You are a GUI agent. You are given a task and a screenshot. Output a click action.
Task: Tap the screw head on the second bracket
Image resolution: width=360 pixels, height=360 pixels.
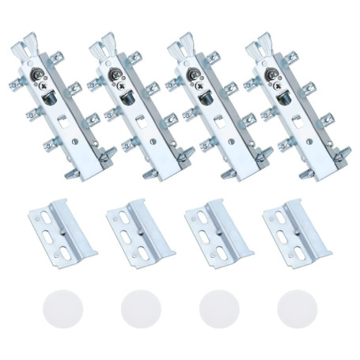click(x=116, y=77)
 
